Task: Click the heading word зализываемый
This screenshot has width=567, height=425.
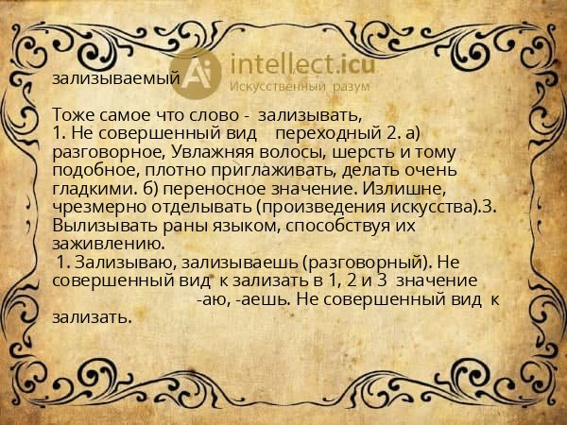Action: coord(116,78)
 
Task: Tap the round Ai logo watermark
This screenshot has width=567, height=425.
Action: coord(196,74)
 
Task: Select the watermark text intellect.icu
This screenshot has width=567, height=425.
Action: coord(302,64)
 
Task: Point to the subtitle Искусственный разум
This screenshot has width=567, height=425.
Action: coord(300,87)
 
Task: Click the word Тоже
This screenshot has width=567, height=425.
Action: coord(73,115)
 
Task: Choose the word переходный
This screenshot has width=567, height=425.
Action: coord(326,134)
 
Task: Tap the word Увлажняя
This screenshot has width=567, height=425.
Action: coord(213,152)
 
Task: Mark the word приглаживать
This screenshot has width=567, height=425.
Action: coord(275,171)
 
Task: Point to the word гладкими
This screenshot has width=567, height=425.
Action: coord(94,189)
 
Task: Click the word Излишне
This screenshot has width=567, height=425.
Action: coord(404,189)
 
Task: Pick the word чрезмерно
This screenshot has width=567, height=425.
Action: coord(99,208)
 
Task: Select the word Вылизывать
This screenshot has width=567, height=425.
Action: coord(105,226)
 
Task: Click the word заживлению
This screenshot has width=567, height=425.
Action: coord(109,245)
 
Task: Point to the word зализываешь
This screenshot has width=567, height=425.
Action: coord(240,263)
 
